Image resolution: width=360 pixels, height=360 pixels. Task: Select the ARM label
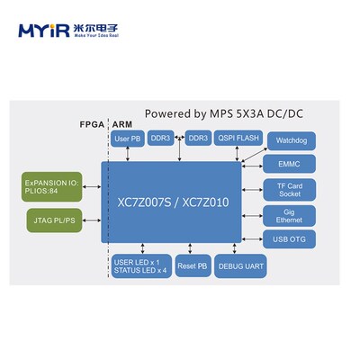122,126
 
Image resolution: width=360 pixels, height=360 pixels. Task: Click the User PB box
128,139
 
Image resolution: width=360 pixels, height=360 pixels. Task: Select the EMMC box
290,164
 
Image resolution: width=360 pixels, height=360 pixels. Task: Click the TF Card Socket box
290,189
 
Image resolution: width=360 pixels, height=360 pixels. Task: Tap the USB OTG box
290,238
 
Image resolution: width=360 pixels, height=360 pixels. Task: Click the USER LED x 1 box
139,266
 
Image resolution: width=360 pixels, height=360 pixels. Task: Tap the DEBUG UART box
238,267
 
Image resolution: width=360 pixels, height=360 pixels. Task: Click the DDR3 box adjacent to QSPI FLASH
197,139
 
